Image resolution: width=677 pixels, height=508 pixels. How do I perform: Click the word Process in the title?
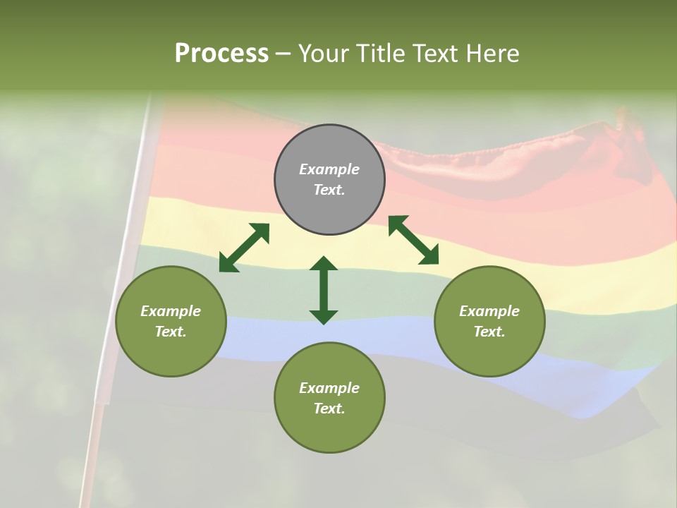[x=221, y=54]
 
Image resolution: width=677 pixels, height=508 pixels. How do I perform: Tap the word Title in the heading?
[x=384, y=54]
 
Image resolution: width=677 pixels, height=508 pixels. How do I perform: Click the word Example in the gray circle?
[x=329, y=169]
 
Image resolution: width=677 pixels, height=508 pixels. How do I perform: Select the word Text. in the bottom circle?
[x=329, y=409]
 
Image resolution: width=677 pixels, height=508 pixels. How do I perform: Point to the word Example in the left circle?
[x=171, y=311]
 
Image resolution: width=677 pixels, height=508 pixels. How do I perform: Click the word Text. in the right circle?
[x=489, y=332]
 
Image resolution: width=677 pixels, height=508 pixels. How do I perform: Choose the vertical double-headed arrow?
[x=324, y=290]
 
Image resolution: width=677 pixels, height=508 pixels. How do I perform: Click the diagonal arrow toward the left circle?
[x=244, y=248]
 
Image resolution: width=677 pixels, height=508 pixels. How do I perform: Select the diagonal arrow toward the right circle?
[x=414, y=241]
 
